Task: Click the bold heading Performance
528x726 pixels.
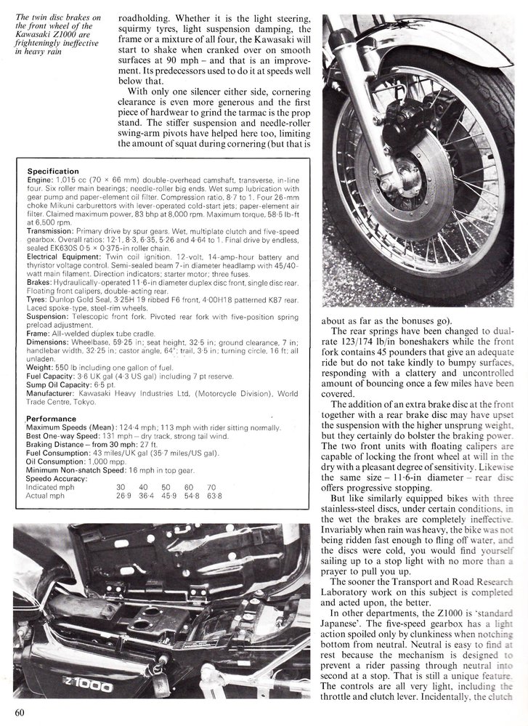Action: pyautogui.click(x=51, y=419)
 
